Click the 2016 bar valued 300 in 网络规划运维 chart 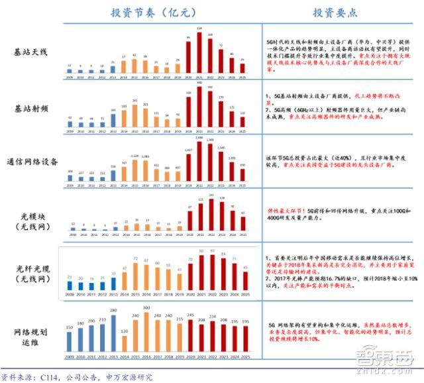pos(146,335)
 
